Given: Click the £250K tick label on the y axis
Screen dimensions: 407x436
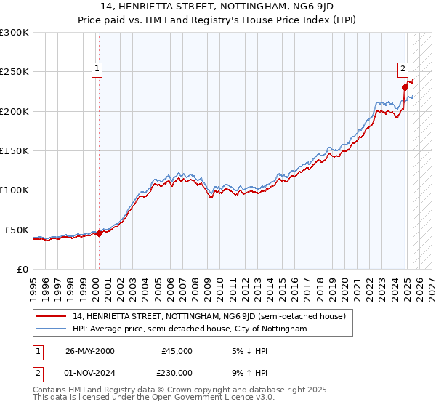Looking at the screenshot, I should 14,72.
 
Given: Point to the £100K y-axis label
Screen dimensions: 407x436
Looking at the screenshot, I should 14,190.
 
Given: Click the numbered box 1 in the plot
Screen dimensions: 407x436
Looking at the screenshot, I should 97,70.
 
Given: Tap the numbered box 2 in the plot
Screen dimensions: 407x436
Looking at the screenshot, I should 403,70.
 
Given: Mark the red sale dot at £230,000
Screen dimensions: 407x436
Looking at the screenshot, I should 405,88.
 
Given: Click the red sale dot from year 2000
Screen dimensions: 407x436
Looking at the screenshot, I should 99,233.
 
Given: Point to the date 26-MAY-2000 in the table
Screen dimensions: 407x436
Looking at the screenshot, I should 89,350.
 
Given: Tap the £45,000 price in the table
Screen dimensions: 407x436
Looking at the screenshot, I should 177,350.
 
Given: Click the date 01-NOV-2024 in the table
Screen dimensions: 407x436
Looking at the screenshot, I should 90,372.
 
